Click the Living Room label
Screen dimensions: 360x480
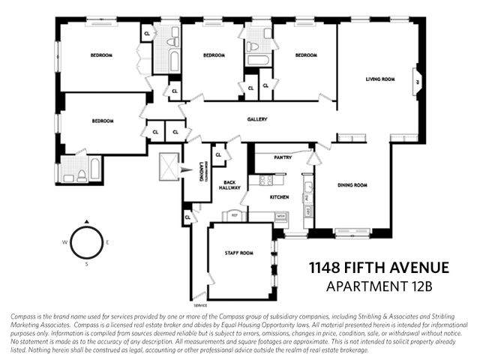379,79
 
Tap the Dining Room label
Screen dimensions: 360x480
352,184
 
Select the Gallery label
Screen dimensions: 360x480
257,119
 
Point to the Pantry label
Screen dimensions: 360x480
282,157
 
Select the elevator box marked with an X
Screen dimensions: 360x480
169,166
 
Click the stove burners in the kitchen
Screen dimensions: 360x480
266,180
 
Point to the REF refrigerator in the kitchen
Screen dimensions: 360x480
234,216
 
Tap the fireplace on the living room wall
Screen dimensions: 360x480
417,84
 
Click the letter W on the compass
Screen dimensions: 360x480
65,242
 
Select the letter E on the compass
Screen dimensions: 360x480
107,242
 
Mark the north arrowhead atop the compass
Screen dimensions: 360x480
86,221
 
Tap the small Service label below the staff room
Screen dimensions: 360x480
199,306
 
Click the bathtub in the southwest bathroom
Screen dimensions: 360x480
95,169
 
